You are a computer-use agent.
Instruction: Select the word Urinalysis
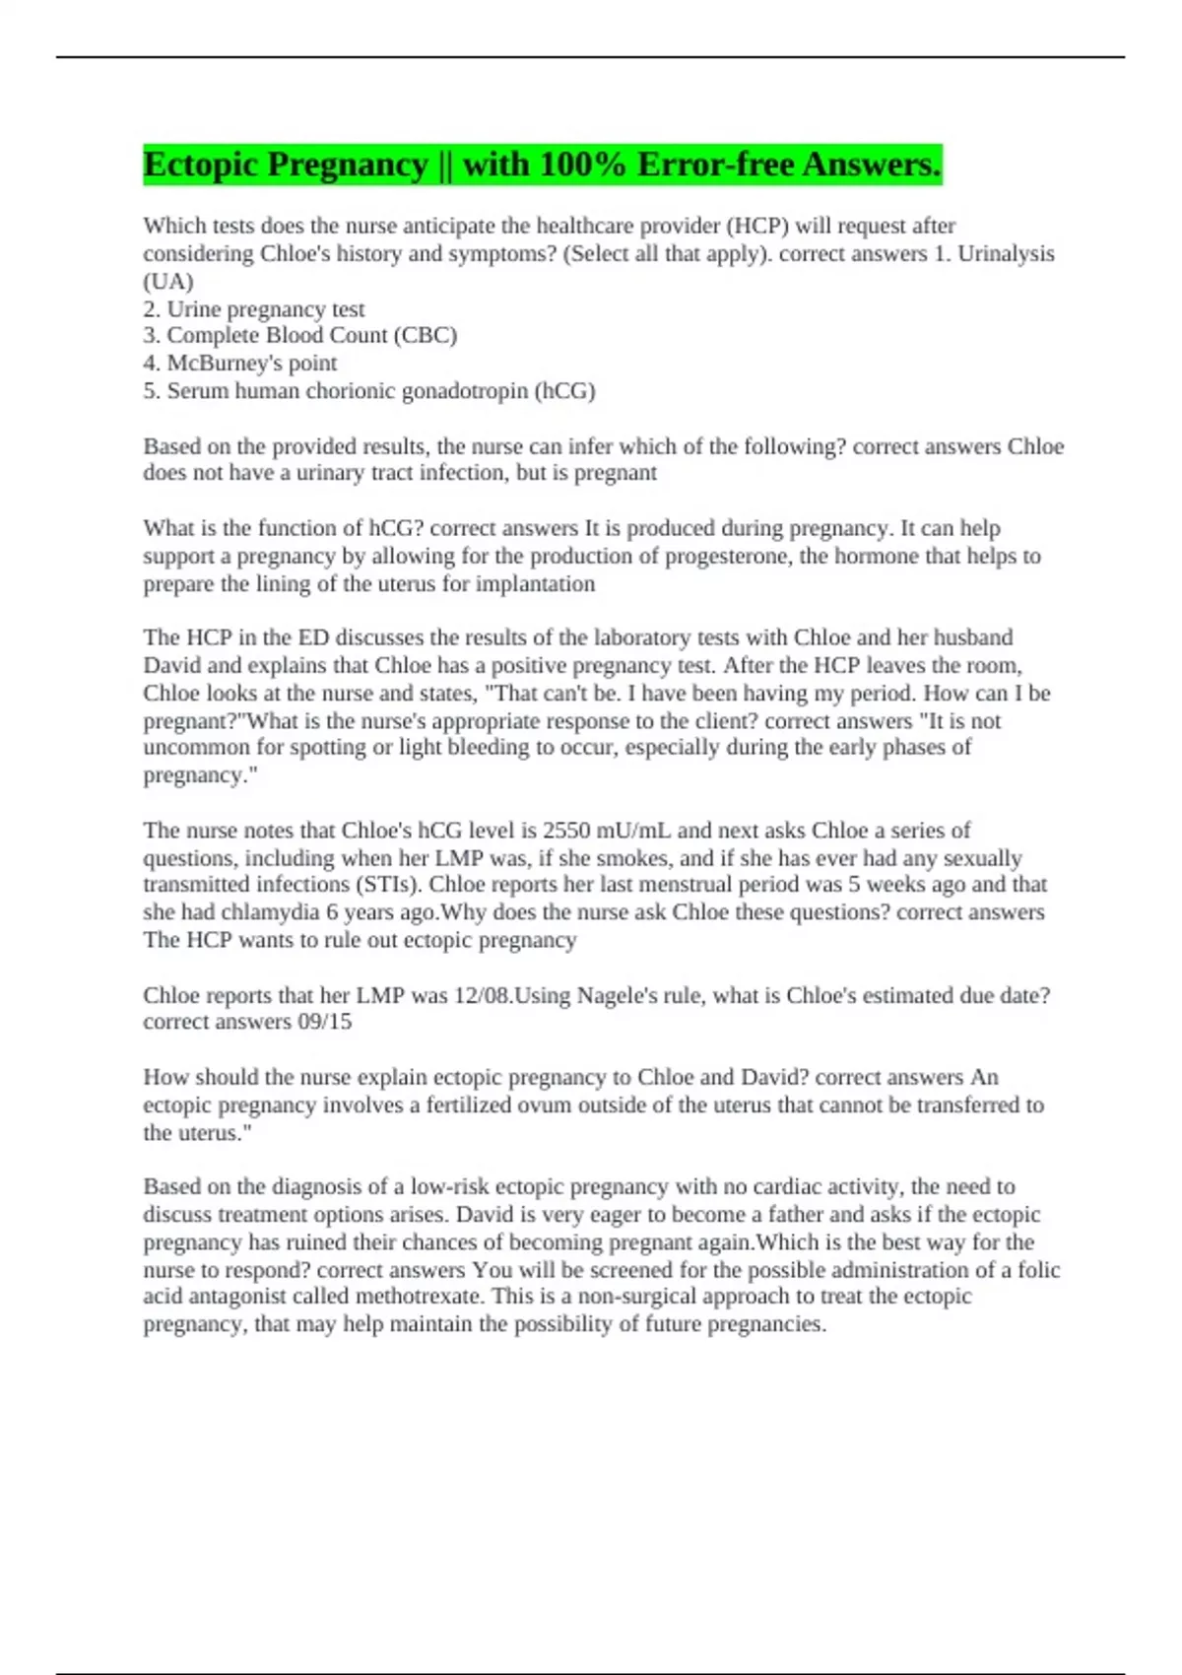tap(1006, 254)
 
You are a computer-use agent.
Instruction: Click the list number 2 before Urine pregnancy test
tap(150, 309)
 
